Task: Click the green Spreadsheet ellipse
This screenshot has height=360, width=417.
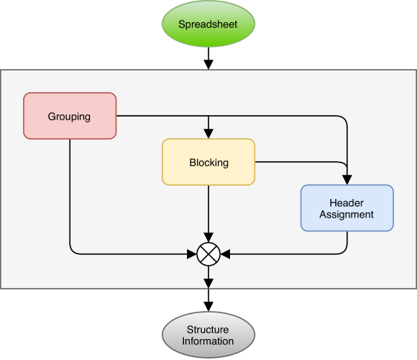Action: [208, 24]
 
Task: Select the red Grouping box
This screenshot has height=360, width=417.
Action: [70, 116]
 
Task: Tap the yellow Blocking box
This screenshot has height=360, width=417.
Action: [208, 162]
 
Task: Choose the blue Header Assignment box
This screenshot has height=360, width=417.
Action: [347, 208]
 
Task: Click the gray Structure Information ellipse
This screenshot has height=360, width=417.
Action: [208, 335]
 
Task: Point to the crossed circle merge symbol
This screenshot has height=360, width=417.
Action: [208, 254]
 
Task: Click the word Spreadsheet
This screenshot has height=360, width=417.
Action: [208, 24]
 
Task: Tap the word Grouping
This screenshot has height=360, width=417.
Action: [69, 117]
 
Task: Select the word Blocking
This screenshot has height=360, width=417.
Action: [208, 163]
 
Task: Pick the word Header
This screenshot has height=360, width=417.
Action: [347, 203]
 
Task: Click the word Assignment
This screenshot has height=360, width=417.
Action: [347, 215]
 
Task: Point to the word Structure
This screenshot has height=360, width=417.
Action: [208, 330]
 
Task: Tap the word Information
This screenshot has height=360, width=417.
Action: [208, 341]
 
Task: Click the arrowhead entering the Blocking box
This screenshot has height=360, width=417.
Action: [208, 134]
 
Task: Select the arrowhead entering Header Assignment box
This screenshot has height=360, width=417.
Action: [347, 180]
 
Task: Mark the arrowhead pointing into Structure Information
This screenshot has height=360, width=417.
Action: [208, 307]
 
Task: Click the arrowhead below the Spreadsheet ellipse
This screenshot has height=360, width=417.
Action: [208, 65]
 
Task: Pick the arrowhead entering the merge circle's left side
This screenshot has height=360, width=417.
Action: [191, 254]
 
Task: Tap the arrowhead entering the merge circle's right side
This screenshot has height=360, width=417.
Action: [226, 254]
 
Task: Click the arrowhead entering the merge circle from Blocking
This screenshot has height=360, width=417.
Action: [208, 238]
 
